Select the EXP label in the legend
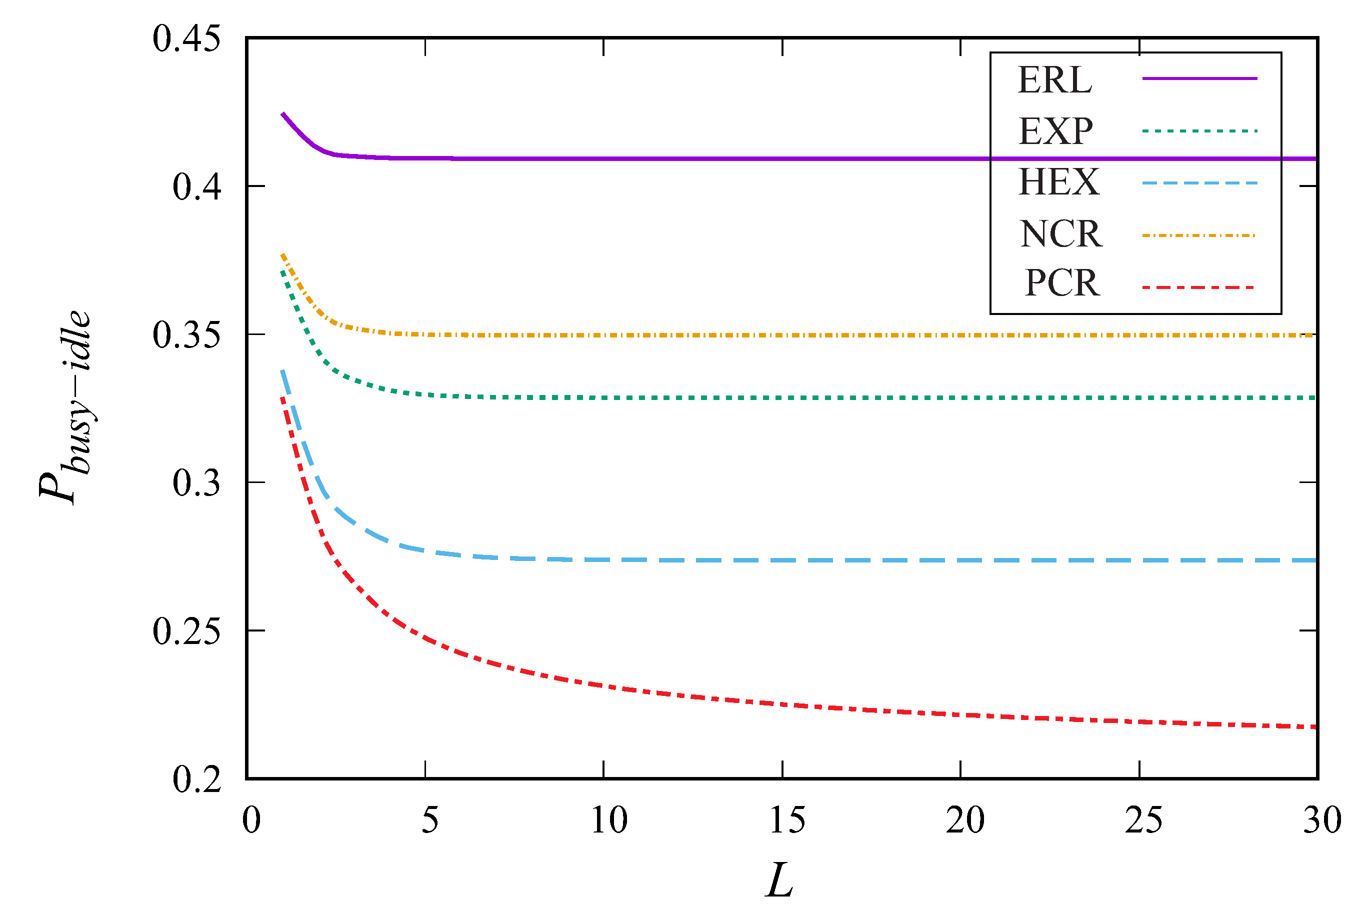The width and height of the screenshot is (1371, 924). click(1055, 131)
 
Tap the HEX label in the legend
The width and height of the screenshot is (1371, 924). click(1058, 182)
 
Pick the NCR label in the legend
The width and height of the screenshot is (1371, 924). click(1060, 234)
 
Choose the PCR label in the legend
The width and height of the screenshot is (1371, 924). click(1061, 283)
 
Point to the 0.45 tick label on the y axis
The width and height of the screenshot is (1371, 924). click(186, 39)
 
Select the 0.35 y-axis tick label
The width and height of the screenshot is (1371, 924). click(186, 334)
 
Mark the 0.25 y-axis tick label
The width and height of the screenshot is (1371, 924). click(186, 630)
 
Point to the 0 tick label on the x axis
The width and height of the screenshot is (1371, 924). click(251, 820)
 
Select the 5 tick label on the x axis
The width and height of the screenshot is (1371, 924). click(430, 820)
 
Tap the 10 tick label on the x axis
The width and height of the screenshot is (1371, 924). click(608, 820)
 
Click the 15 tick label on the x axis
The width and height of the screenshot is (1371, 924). click(787, 820)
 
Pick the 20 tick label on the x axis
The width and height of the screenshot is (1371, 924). click(965, 820)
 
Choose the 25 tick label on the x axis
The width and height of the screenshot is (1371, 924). click(1143, 820)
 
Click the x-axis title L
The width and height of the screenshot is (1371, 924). click(780, 880)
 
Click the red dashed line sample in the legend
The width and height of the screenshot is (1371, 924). click(1199, 287)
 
